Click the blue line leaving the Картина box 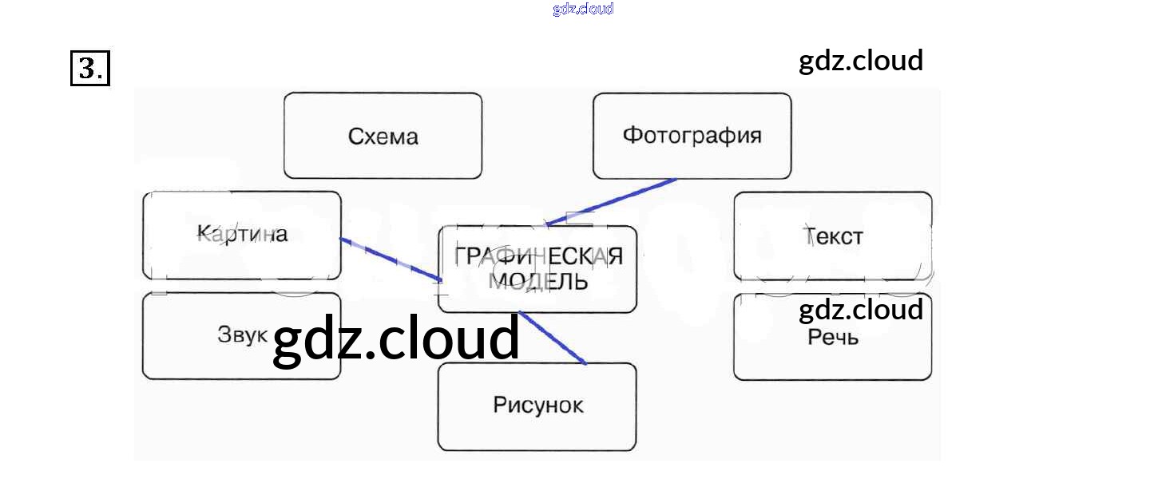click(x=390, y=259)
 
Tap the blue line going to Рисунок click(x=553, y=338)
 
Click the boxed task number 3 click(x=89, y=69)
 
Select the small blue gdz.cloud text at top click(x=583, y=10)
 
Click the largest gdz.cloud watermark click(x=396, y=339)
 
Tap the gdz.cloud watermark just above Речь click(x=861, y=310)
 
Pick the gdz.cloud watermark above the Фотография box click(x=861, y=61)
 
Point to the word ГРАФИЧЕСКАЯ click(x=537, y=257)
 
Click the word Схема click(x=383, y=137)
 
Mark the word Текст click(x=834, y=236)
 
